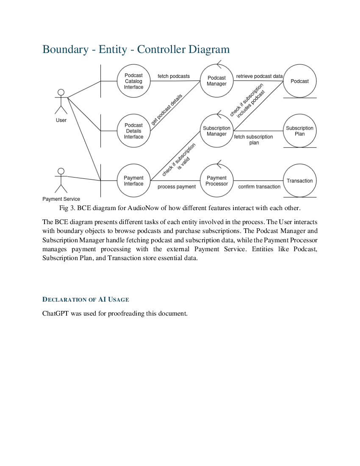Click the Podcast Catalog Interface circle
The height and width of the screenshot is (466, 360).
pos(133,81)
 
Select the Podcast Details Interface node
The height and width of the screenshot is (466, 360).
pos(133,131)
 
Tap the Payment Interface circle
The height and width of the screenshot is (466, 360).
pos(133,181)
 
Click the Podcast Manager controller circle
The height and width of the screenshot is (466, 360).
pos(216,81)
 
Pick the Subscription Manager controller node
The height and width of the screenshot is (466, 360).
pos(216,131)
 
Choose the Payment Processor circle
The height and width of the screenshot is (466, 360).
pos(216,181)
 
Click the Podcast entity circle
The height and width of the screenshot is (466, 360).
pos(299,81)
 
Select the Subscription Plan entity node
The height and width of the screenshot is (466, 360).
pos(299,131)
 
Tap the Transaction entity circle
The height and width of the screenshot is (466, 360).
pos(299,181)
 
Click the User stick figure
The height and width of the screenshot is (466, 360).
pos(61,102)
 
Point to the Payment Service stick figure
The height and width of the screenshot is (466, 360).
pos(61,180)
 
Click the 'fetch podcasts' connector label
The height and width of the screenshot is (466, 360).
pos(174,76)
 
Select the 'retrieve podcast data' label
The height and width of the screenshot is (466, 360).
pos(259,76)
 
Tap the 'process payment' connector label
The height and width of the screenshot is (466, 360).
pos(177,187)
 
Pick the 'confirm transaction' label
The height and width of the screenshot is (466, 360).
pos(259,187)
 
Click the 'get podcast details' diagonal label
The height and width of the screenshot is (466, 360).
pos(167,109)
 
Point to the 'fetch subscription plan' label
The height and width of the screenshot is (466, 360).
pos(254,140)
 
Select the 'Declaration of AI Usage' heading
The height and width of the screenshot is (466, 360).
pos(86,300)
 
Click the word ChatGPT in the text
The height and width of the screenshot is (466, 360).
pos(55,314)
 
